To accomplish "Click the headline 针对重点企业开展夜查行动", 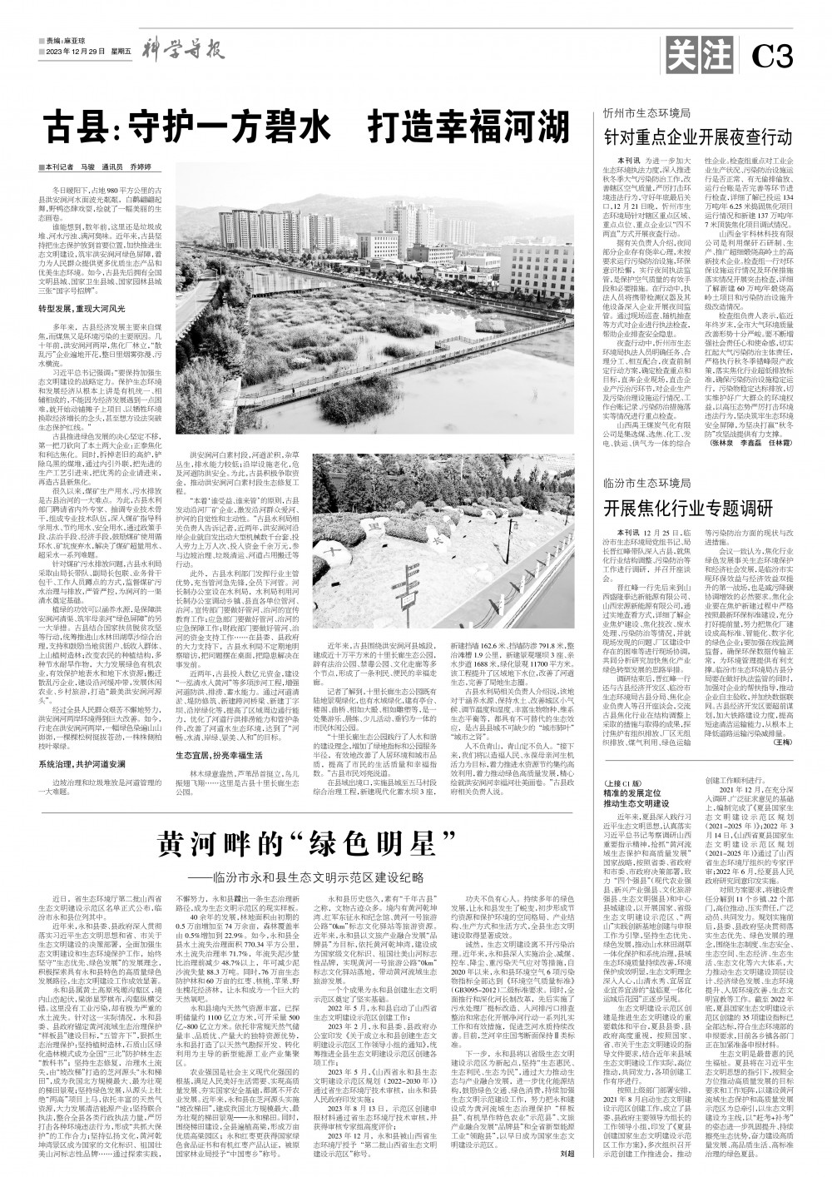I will click(698, 136).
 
